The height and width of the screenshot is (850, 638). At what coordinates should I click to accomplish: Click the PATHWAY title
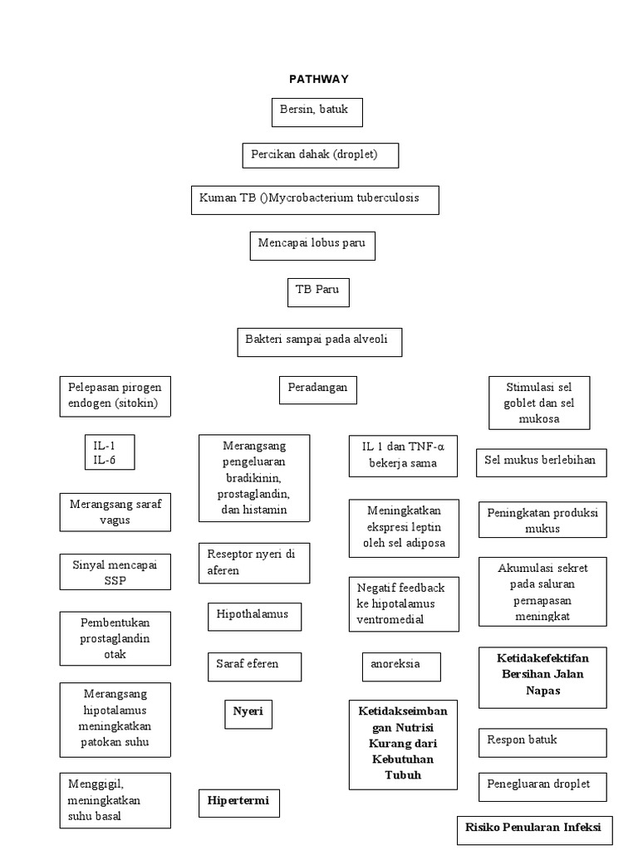pos(318,80)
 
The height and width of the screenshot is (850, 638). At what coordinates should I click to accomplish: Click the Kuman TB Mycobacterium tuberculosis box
pos(315,200)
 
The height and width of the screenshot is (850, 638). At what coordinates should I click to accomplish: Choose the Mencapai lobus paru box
pos(312,246)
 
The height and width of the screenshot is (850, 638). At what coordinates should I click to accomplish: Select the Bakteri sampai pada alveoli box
pos(319,342)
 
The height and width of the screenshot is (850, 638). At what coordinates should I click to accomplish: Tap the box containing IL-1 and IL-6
pos(109,452)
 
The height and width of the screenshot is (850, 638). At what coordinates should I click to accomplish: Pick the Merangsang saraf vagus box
pos(115,512)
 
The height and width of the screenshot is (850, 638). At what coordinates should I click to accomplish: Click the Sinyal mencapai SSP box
pos(115,573)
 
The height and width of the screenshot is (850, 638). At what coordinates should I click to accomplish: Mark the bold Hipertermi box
pos(238,804)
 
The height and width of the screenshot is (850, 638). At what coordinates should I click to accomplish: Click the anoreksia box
pos(400,666)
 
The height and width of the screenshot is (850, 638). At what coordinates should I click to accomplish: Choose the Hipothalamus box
pos(253,616)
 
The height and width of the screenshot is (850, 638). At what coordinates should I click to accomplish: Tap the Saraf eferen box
pos(253,666)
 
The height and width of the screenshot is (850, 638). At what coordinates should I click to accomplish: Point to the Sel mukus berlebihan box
pos(541,462)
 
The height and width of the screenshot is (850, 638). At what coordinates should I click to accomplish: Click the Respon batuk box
pos(542,742)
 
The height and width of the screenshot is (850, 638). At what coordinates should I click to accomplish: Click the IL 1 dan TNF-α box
pos(403,456)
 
